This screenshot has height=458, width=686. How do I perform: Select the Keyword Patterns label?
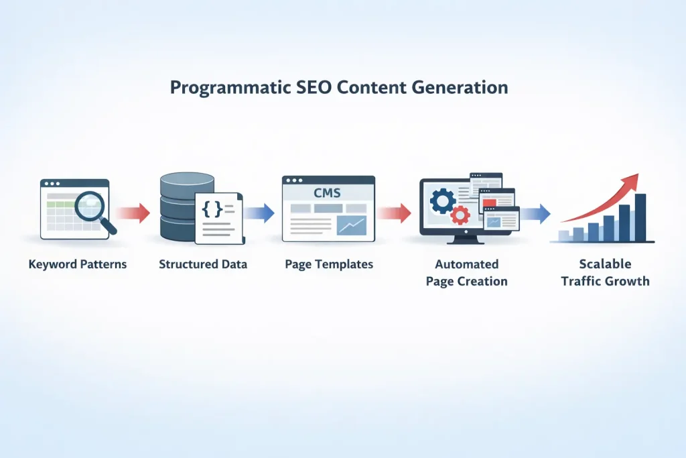(x=78, y=264)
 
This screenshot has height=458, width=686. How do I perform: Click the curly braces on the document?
(x=212, y=209)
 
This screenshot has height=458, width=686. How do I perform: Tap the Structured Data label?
(x=203, y=264)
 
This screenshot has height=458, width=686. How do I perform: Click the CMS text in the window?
(x=327, y=193)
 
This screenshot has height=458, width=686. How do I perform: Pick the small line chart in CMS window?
(x=351, y=226)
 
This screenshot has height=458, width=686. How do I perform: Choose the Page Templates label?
(x=329, y=264)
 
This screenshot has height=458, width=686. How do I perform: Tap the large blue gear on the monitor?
(x=443, y=201)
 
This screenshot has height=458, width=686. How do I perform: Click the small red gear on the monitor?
(x=460, y=215)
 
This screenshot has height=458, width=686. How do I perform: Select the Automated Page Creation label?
(x=467, y=273)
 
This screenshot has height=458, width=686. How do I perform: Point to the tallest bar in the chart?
(x=640, y=218)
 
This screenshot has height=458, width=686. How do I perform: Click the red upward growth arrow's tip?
(x=636, y=177)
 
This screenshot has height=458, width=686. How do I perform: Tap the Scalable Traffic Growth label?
(x=605, y=273)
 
